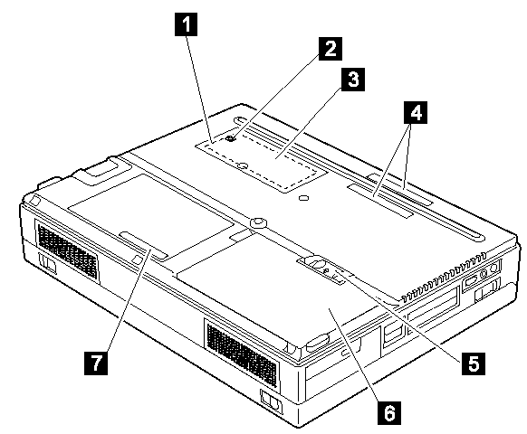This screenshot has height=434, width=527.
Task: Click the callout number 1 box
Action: tap(186, 24)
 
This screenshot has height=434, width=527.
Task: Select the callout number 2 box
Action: tap(331, 49)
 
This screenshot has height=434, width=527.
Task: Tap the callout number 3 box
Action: tap(353, 80)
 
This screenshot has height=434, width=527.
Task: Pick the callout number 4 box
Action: tap(416, 112)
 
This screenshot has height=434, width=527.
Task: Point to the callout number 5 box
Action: tap(474, 363)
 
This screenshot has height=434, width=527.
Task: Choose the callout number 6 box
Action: tap(389, 413)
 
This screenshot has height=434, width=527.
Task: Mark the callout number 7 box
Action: tap(97, 363)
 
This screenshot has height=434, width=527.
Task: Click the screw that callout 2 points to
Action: tap(231, 138)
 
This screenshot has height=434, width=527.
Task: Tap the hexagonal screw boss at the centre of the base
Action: tap(258, 222)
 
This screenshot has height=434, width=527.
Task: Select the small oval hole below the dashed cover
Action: tap(303, 198)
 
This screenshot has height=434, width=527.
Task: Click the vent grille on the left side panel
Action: tap(67, 250)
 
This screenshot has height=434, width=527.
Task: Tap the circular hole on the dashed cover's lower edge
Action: tap(243, 165)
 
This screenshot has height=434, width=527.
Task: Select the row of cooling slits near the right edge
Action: tap(445, 276)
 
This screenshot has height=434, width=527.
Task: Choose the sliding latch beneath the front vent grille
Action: tap(271, 401)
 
